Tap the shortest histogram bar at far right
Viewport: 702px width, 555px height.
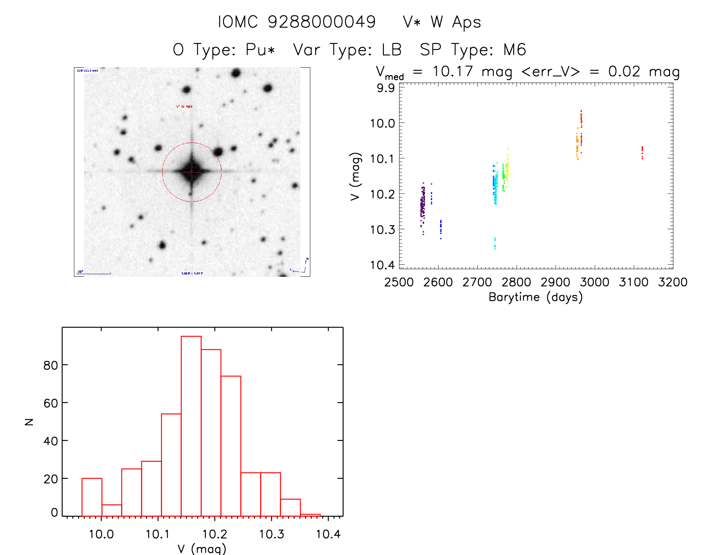pyautogui.click(x=310, y=515)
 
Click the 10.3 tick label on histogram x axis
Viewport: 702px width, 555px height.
pyautogui.click(x=271, y=534)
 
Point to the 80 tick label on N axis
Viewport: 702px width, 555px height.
pyautogui.click(x=51, y=366)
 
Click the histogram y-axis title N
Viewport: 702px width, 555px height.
pyautogui.click(x=29, y=422)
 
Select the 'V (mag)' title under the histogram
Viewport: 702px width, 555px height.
pyautogui.click(x=202, y=549)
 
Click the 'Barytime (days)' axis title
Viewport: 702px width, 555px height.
pyautogui.click(x=536, y=297)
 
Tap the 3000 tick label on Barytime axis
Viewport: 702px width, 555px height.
pyautogui.click(x=594, y=282)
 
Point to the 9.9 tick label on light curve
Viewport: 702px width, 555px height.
pyautogui.click(x=386, y=88)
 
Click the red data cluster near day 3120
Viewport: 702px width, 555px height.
pyautogui.click(x=642, y=152)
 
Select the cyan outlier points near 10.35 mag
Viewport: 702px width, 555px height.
pyautogui.click(x=495, y=243)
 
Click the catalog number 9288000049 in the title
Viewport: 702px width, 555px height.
pyautogui.click(x=322, y=22)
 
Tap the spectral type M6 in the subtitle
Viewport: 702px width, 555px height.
pyautogui.click(x=515, y=50)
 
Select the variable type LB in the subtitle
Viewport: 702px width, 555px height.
pyautogui.click(x=392, y=50)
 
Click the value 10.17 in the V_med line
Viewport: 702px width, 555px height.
pyautogui.click(x=452, y=71)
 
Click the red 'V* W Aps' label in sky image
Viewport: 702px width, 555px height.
pyautogui.click(x=184, y=107)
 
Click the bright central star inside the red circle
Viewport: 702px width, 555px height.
pyautogui.click(x=192, y=172)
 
